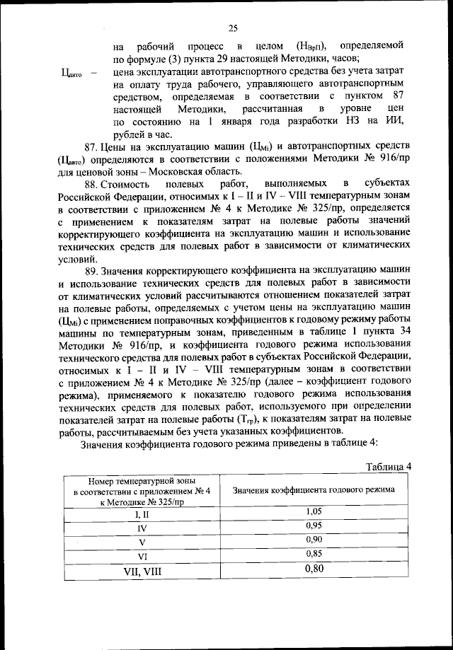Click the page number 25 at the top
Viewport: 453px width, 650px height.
click(x=232, y=28)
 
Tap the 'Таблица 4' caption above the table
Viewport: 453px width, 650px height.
click(x=388, y=466)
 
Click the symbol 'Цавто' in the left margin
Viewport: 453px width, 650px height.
click(x=74, y=71)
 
